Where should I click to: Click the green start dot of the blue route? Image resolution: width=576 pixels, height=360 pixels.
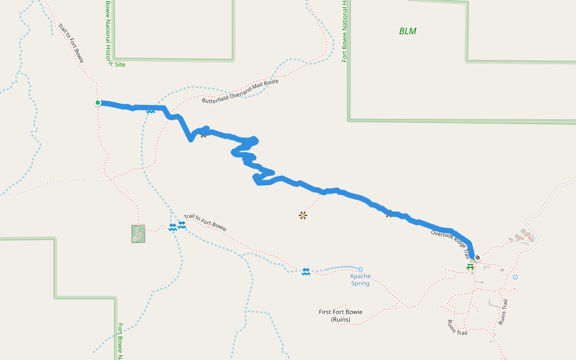point(98,103)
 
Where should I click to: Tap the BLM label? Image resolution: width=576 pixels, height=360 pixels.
point(407,31)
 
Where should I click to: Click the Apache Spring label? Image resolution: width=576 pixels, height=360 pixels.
point(361,280)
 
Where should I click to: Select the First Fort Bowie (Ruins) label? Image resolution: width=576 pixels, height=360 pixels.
point(340,316)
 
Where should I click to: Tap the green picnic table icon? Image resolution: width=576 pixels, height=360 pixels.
point(470,266)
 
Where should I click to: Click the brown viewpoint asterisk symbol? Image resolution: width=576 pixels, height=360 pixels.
point(302,215)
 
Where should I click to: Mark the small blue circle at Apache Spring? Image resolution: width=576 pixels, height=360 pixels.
point(361,269)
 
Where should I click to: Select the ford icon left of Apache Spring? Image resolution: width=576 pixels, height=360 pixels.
point(306,272)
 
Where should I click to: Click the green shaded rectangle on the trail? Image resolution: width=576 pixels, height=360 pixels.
point(138,234)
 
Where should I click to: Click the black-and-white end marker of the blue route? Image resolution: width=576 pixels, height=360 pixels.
point(478,257)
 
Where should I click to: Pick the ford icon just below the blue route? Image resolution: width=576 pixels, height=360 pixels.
point(150,112)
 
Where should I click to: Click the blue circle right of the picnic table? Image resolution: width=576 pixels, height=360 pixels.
point(515,277)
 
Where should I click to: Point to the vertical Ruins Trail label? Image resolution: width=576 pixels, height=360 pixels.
point(503,312)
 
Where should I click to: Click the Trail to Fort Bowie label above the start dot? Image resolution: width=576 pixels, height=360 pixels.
point(71,43)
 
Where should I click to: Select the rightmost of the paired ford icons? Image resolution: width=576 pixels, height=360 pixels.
point(182,224)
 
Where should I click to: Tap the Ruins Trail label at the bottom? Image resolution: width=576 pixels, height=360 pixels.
point(457,328)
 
